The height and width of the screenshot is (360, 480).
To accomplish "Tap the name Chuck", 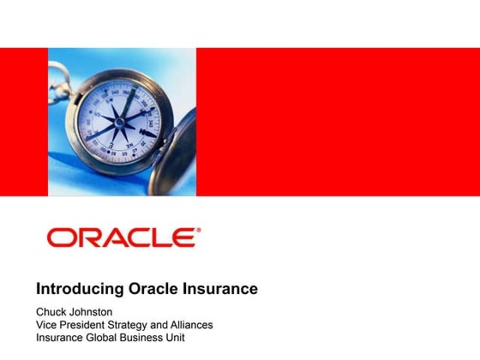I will (x=52, y=311).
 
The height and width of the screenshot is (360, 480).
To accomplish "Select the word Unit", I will (x=189, y=338).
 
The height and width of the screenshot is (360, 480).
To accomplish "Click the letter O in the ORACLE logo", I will (x=60, y=237).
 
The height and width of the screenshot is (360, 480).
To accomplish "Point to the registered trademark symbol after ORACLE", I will (x=199, y=230).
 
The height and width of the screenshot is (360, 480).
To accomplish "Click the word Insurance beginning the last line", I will (x=60, y=338).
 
